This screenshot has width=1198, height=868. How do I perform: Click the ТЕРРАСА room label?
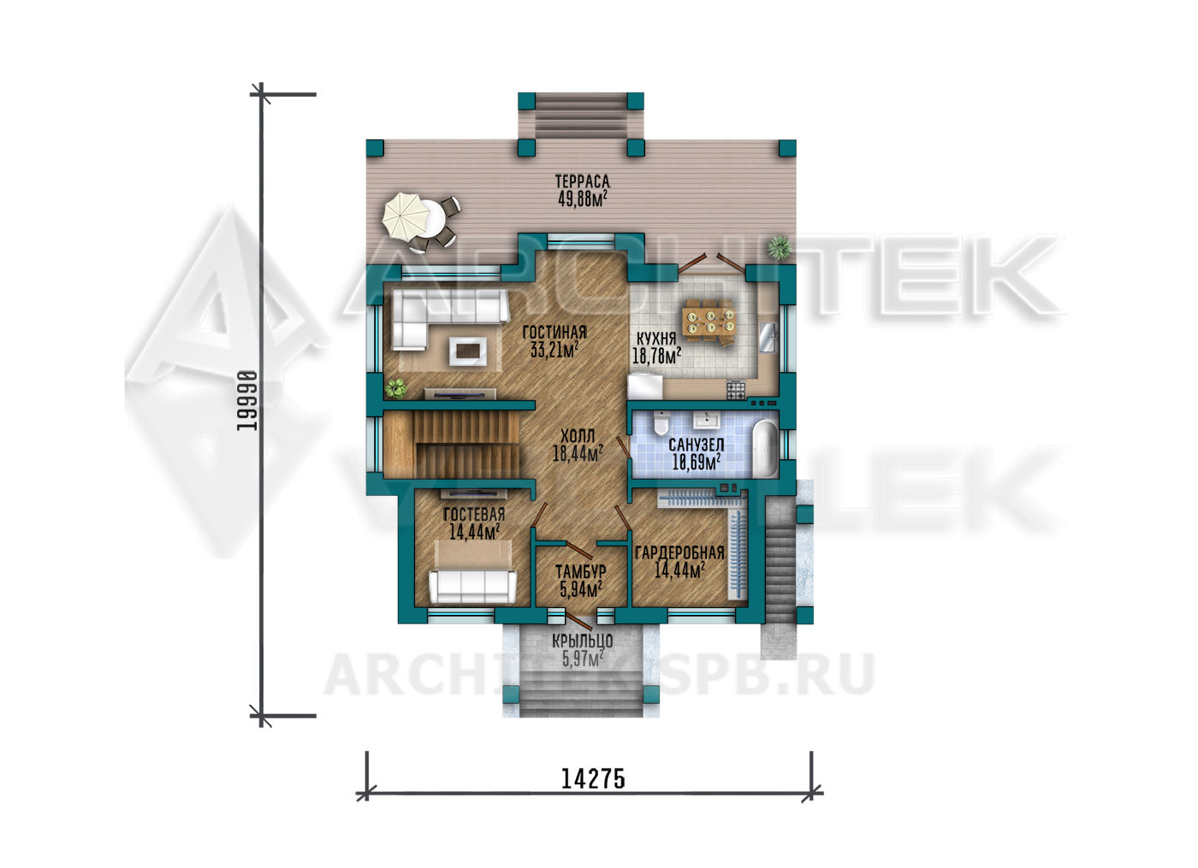tap(583, 181)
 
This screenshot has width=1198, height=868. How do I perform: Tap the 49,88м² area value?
tap(583, 198)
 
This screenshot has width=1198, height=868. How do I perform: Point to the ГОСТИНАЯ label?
tap(555, 333)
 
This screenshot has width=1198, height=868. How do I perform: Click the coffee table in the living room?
tap(467, 351)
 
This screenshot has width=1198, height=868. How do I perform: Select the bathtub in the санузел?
tap(766, 448)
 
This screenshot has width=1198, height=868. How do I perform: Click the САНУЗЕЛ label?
tap(697, 445)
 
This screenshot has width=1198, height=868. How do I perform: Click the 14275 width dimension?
tap(593, 779)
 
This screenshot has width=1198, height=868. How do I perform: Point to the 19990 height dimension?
tap(246, 401)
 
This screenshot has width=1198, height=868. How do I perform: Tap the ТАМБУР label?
tap(581, 571)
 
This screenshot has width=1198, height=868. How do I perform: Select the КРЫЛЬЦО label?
tap(583, 640)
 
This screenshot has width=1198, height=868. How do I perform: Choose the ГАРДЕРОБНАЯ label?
tap(679, 552)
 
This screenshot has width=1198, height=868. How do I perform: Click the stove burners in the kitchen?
tap(735, 390)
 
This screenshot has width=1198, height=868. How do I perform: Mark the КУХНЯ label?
tap(656, 339)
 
